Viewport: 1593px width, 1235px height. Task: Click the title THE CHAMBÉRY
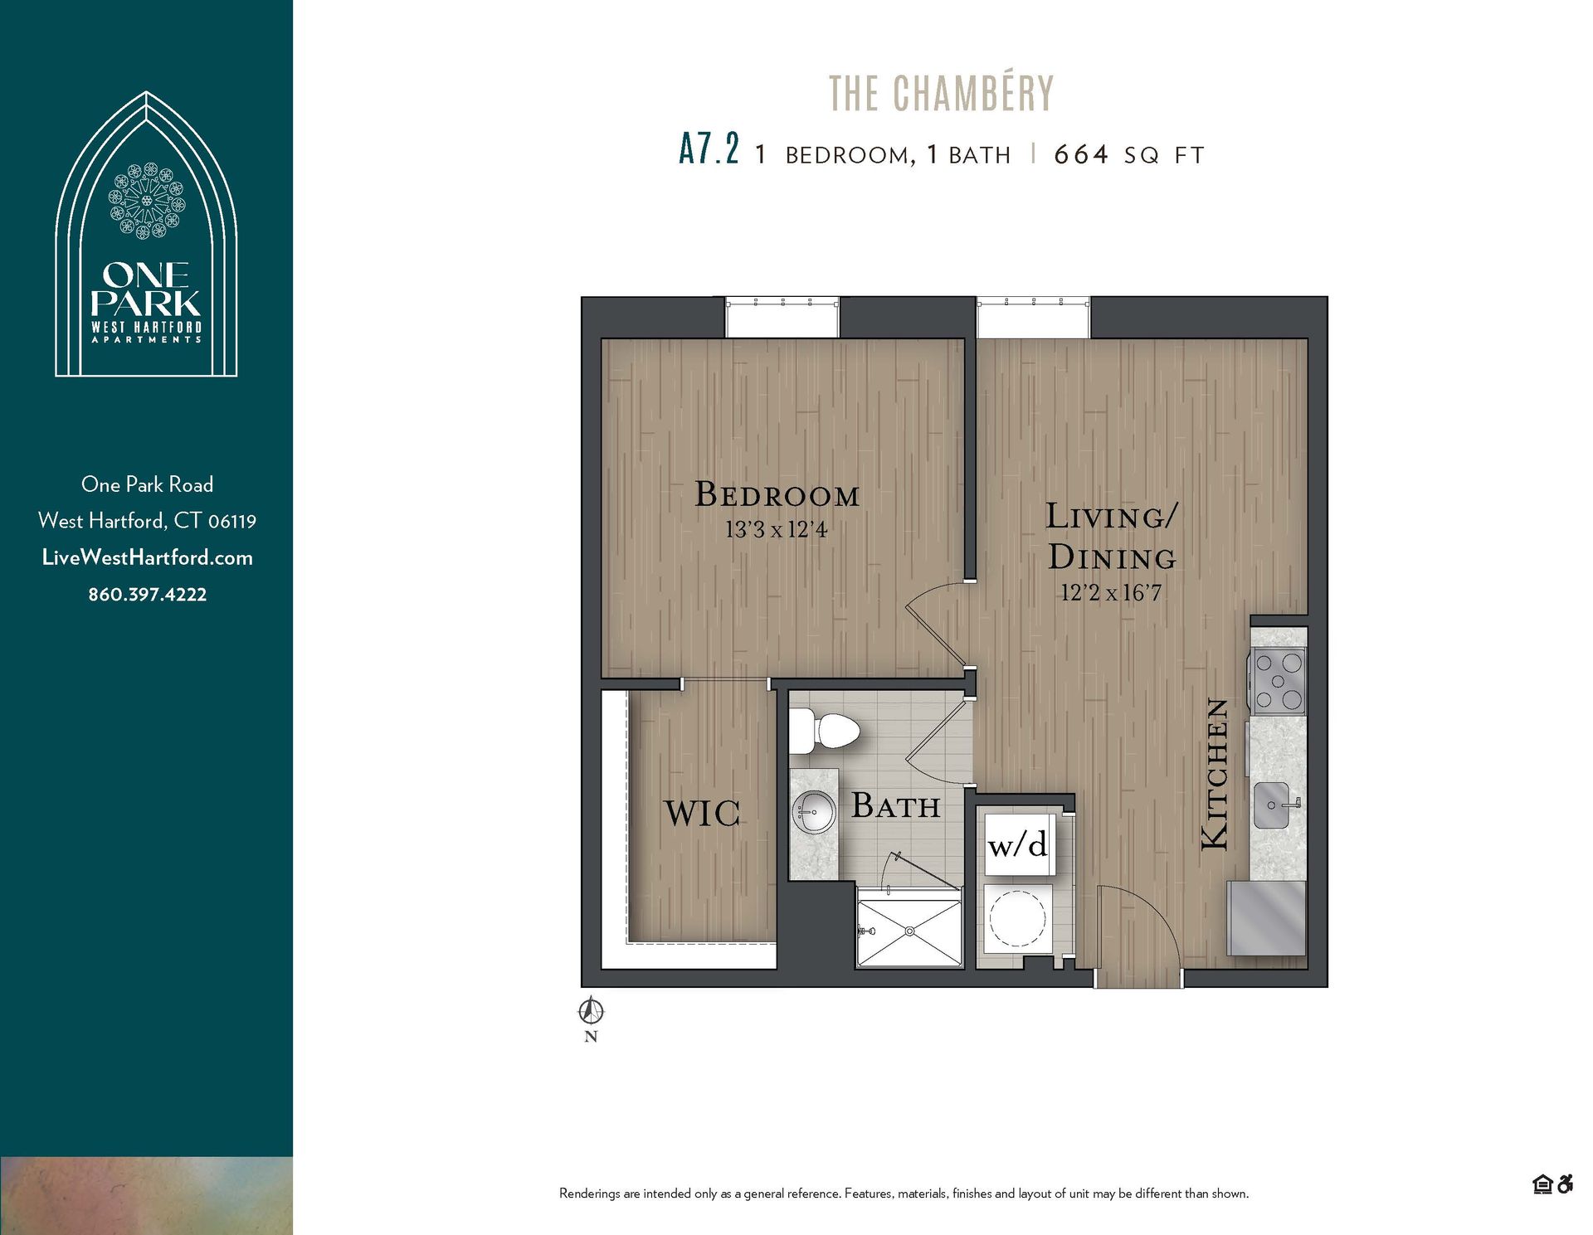[941, 94]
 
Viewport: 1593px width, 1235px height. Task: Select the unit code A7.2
[708, 151]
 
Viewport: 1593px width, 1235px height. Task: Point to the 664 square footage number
[1080, 154]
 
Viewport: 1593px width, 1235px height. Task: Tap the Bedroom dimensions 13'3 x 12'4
[776, 529]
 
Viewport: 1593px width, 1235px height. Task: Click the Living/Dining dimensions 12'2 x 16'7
[1110, 592]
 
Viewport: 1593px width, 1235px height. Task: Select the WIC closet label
[702, 814]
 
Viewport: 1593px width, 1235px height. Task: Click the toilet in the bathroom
[826, 732]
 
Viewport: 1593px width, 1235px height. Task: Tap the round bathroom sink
[814, 811]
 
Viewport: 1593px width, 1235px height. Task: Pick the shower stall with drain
[909, 931]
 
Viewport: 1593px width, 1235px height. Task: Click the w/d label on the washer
[1018, 845]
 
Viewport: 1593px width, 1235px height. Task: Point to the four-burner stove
[1278, 682]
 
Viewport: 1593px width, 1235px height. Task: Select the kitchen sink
[1272, 805]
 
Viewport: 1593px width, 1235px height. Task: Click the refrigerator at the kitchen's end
[1266, 918]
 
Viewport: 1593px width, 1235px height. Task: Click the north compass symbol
[591, 1012]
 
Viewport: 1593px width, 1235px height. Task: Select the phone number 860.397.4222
[148, 595]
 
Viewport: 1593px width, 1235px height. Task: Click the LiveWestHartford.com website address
[148, 557]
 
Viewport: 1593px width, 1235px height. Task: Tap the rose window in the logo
[147, 201]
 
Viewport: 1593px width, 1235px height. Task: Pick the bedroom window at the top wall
[782, 318]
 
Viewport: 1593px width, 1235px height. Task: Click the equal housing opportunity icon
[1542, 1184]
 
